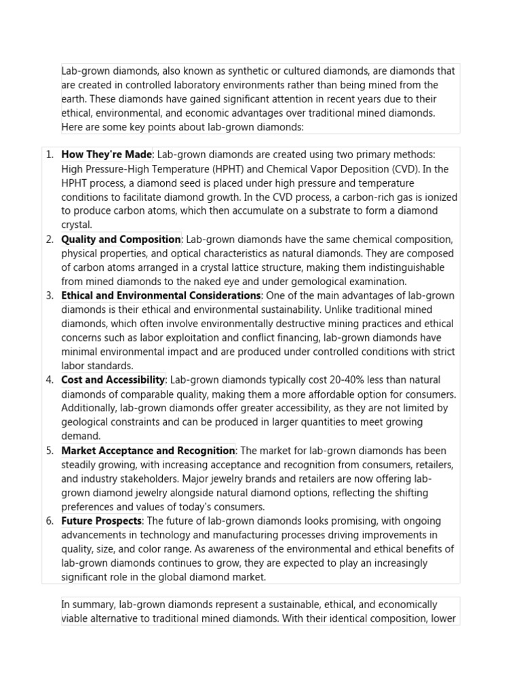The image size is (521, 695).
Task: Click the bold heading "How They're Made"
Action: (107, 155)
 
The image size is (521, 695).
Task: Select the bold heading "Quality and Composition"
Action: (121, 240)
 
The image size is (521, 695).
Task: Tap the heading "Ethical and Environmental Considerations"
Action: (161, 296)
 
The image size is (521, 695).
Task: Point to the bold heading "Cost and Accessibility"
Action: (113, 380)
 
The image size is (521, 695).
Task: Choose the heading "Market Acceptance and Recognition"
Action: (148, 451)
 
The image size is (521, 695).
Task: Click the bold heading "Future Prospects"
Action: (102, 521)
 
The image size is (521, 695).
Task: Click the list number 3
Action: (50, 296)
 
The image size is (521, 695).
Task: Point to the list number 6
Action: (50, 521)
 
